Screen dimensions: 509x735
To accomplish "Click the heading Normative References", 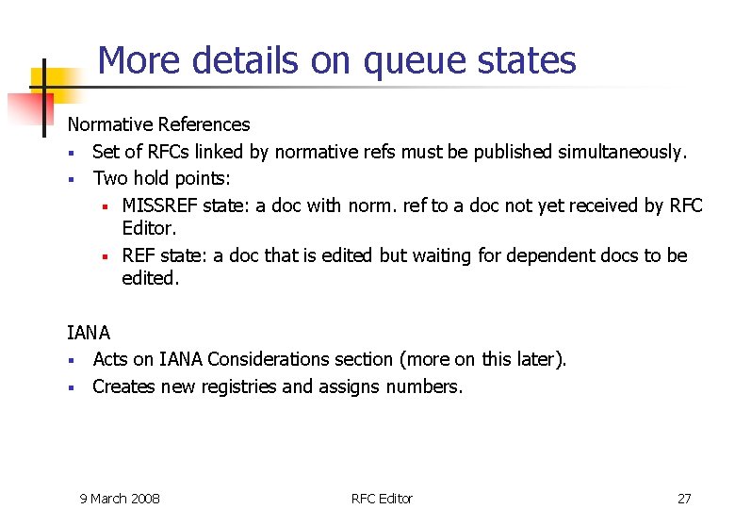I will click(x=158, y=124).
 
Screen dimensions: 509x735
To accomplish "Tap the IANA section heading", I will click(x=89, y=333).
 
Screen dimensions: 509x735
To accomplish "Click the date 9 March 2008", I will click(x=120, y=498).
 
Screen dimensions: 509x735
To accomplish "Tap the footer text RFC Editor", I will click(x=382, y=498).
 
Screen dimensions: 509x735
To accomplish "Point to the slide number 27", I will click(x=684, y=498).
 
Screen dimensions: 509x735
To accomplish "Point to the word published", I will click(x=514, y=152).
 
